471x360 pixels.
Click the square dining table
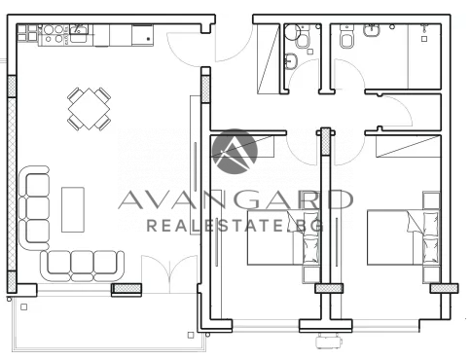point(89,109)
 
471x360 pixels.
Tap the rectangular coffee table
point(73,209)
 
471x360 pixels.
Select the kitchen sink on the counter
point(78,33)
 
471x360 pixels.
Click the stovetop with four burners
point(54,34)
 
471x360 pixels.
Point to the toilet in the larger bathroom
point(346,38)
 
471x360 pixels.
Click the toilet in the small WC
point(303,41)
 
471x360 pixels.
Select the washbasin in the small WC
point(291,61)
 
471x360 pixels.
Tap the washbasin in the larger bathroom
point(372,31)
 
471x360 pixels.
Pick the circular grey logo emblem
point(235,151)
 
